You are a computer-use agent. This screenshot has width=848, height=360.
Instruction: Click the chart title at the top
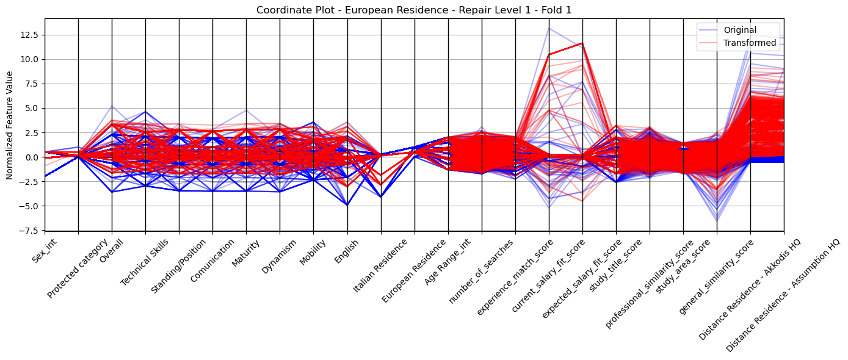414,10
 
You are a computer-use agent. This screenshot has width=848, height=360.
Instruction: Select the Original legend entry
740,30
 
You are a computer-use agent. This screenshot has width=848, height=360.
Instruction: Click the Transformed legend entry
750,43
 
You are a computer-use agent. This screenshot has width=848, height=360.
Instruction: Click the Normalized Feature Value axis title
10,125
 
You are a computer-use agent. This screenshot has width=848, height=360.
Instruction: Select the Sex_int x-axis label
45,251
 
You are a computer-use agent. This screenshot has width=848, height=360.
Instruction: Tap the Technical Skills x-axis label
144,262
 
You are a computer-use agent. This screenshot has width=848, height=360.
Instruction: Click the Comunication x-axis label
212,261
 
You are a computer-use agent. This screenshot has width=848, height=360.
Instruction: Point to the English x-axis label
346,251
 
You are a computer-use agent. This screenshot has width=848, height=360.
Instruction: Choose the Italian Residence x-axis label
380,265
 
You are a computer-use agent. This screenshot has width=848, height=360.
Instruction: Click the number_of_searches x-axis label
481,272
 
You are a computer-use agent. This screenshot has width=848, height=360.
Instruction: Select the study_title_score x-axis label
615,265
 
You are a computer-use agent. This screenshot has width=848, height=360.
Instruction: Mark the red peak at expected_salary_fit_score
582,43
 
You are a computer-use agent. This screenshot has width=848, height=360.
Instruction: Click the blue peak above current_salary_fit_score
549,28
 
